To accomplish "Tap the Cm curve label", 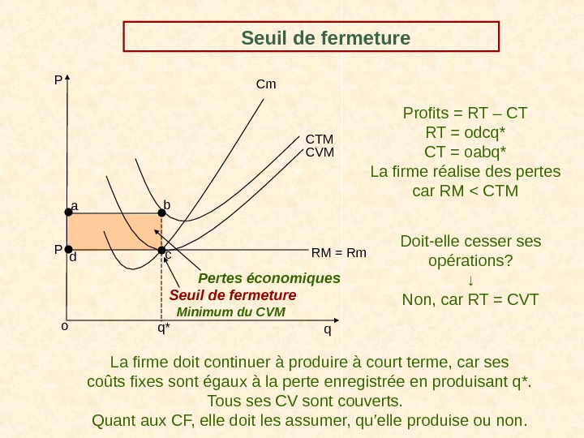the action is [265, 84].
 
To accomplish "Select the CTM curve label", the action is [320, 140].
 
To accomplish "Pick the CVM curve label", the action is [320, 151].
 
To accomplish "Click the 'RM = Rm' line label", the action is [339, 253].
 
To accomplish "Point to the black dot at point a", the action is [67, 213].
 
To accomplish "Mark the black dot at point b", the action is [161, 213].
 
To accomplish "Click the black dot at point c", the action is [161, 250].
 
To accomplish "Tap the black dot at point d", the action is [67, 250].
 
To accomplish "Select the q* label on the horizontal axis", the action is [164, 328].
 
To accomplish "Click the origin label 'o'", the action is [64, 326].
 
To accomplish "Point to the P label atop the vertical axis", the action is [58, 80].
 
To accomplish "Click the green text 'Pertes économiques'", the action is [269, 278].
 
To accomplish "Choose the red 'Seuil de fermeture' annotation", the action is [233, 294].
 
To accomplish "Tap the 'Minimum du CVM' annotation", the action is [231, 311].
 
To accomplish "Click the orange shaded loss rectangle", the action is [114, 232].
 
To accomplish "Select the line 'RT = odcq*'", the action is [465, 132].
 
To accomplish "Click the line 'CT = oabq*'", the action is [465, 152].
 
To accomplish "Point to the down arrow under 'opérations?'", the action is [470, 281].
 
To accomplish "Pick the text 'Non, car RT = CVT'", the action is [470, 300].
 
